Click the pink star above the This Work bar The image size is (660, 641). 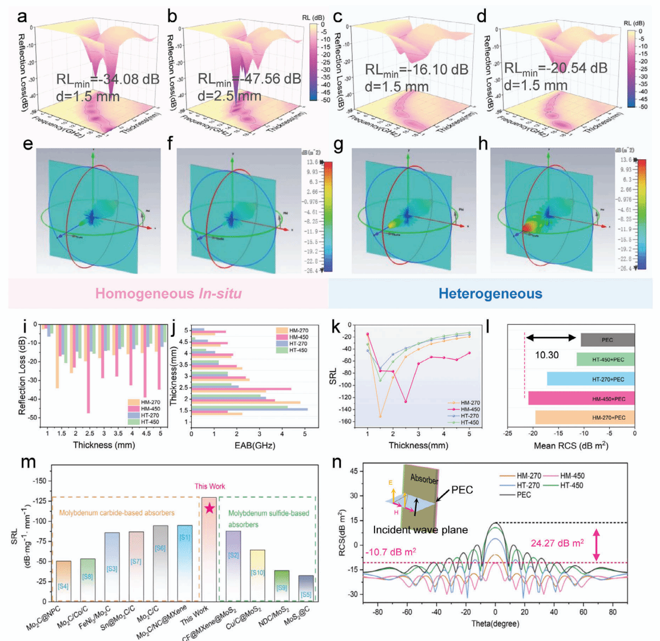coord(210,508)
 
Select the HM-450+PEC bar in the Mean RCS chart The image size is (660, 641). coord(581,398)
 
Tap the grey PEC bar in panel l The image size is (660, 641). coord(607,340)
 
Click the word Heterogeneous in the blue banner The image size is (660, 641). coord(490,294)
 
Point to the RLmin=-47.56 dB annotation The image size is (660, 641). coord(249,79)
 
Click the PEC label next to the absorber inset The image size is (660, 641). coord(462,490)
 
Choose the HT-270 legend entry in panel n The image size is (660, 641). coord(528,485)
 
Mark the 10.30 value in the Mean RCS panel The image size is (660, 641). coord(546,355)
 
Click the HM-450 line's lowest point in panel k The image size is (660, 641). coord(406,402)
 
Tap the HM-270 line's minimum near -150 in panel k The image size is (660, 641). coord(380,416)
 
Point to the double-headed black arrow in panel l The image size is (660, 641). coord(550,338)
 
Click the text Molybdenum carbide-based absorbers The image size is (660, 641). coord(117,513)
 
